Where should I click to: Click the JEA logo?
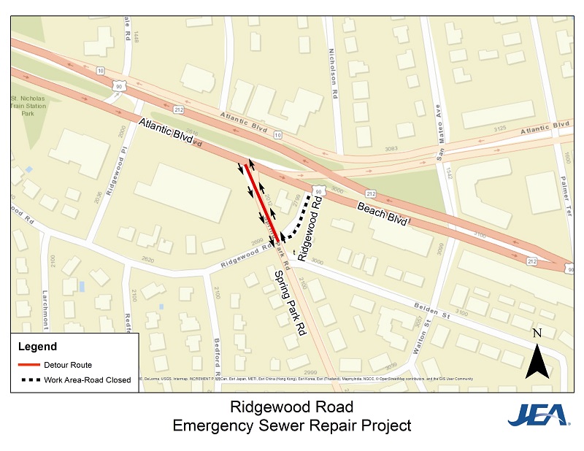pos(539,415)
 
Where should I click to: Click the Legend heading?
pos(37,347)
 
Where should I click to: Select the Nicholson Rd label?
pos(335,76)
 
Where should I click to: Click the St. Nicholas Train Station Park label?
pos(27,104)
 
